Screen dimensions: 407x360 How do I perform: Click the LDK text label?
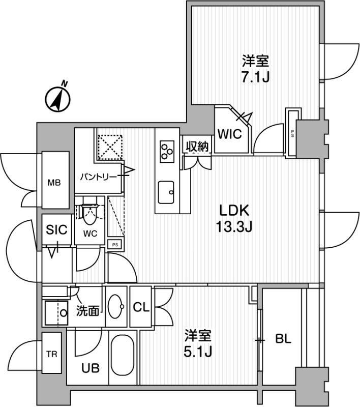(x=234, y=211)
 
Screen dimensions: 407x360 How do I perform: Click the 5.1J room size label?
(x=198, y=352)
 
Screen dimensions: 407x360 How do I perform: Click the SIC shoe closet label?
(x=56, y=229)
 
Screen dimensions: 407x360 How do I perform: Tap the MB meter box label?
(x=55, y=182)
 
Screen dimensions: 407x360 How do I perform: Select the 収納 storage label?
(x=197, y=147)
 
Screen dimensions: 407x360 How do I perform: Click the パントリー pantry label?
(x=98, y=177)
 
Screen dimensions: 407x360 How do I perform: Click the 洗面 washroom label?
(x=88, y=311)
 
